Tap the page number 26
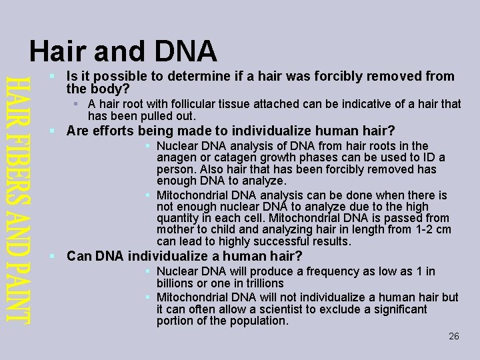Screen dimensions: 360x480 point(454,336)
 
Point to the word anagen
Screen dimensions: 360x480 point(177,158)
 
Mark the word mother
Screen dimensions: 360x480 point(175,229)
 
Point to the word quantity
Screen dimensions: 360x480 point(179,218)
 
